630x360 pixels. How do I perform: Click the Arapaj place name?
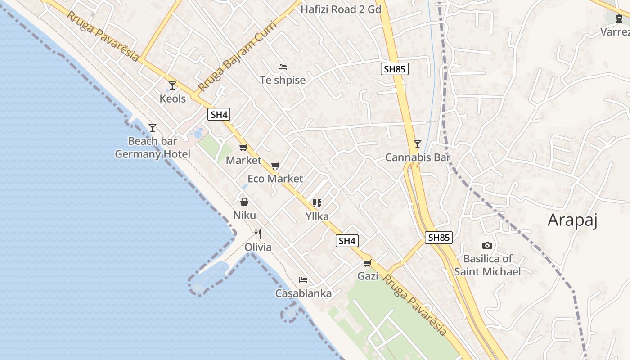click(572, 220)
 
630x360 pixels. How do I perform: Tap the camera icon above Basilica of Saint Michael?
click(487, 246)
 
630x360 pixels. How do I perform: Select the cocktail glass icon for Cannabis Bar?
click(418, 144)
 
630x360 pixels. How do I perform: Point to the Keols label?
click(173, 99)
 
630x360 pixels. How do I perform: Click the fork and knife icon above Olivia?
click(258, 234)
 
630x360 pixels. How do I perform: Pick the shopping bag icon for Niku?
click(244, 202)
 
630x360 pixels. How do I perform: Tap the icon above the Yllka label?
click(317, 203)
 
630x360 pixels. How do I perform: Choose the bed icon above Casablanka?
click(303, 280)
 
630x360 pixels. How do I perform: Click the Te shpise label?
click(283, 80)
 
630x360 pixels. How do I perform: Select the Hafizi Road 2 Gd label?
click(341, 9)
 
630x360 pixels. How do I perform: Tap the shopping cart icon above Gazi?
click(368, 263)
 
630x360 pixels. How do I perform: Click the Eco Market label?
click(275, 179)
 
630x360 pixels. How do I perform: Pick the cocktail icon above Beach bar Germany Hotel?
click(153, 128)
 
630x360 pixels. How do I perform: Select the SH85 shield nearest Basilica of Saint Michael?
click(439, 238)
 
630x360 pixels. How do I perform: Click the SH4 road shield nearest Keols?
click(219, 114)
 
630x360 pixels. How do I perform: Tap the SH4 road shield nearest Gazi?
click(347, 241)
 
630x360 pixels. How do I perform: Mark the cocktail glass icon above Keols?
click(172, 85)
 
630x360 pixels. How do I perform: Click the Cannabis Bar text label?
click(418, 157)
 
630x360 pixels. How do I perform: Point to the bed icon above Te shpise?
click(283, 67)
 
